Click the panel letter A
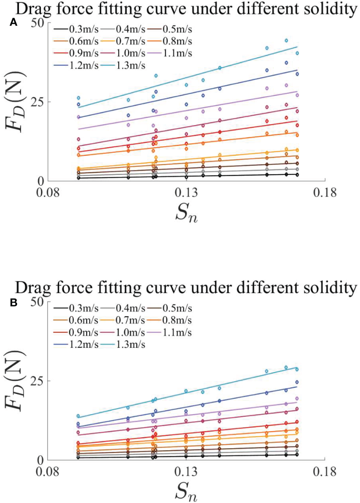13,23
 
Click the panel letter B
13,303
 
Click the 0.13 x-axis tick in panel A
186,193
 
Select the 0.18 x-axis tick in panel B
325,472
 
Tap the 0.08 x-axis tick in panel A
48,193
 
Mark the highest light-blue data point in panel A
287,41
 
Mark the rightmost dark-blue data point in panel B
297,382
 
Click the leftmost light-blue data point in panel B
78,416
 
